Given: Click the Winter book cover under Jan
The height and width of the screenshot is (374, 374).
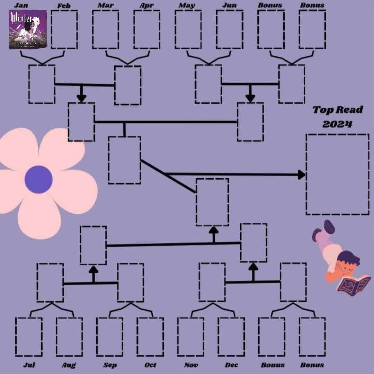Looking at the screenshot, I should coord(28,30).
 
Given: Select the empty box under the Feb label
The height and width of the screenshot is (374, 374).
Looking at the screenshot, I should coord(64,30).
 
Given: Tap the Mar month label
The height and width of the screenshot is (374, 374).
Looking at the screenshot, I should coord(105,5).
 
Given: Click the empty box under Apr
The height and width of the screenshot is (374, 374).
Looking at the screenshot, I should coord(147,30).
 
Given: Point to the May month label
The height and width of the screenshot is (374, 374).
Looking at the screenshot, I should coord(187,5).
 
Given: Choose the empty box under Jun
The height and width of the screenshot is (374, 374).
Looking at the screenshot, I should coord(230,30).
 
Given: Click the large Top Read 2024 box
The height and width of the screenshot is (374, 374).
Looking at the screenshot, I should coord(337,174).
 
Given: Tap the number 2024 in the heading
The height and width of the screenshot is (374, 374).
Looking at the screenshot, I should coord(337,124).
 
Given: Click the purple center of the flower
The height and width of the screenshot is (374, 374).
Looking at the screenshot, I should coord(38,179).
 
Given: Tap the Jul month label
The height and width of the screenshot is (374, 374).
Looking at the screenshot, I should coord(29,365).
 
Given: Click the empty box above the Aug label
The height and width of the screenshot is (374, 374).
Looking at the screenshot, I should coord(69,337).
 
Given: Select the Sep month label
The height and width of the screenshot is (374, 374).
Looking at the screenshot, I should coord(110,365).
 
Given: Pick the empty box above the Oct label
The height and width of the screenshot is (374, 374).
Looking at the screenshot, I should coord(150,337).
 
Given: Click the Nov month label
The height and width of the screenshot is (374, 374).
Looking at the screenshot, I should coord(191,365).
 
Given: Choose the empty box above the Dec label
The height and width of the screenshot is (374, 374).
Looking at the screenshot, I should coord(231,337).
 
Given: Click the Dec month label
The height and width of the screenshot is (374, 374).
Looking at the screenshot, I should coord(231,365).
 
